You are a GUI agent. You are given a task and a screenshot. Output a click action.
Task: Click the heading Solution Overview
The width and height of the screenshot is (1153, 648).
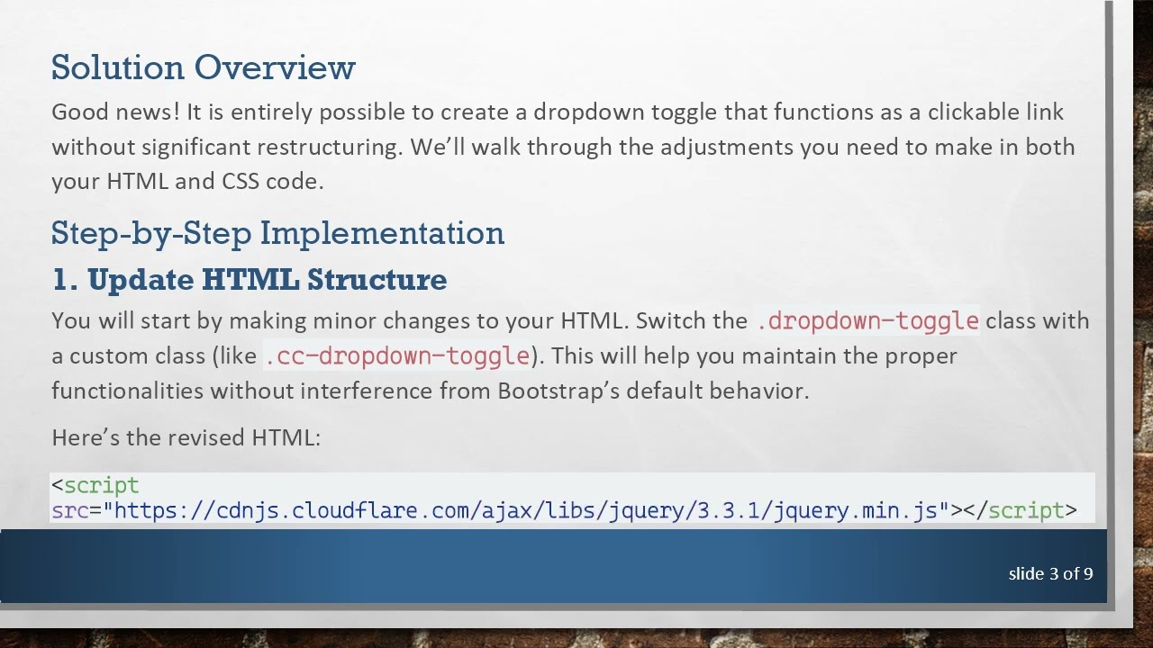pos(203,67)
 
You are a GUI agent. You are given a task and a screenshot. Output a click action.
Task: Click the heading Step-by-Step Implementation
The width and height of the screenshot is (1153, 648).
pos(277,233)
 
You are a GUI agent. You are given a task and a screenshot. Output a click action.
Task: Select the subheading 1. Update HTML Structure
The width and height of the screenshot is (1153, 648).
pos(250,280)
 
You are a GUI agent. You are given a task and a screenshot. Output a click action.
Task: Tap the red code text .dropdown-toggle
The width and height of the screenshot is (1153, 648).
pos(867,321)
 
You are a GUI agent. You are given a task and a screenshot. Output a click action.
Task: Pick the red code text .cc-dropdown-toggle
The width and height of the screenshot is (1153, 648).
pos(397,356)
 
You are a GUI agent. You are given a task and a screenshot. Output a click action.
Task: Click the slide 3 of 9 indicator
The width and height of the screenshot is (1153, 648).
pos(1050,573)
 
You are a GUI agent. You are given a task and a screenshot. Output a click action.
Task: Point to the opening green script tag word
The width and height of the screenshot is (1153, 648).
pos(101,486)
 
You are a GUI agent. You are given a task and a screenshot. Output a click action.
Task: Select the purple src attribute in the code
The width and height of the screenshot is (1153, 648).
pos(69,511)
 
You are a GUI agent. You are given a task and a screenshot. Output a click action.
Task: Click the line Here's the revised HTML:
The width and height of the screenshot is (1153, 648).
pos(186,438)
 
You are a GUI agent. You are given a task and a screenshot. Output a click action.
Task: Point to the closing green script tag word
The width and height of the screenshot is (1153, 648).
pos(1026,511)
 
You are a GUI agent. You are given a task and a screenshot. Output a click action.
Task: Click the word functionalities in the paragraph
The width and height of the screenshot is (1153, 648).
pos(128,391)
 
